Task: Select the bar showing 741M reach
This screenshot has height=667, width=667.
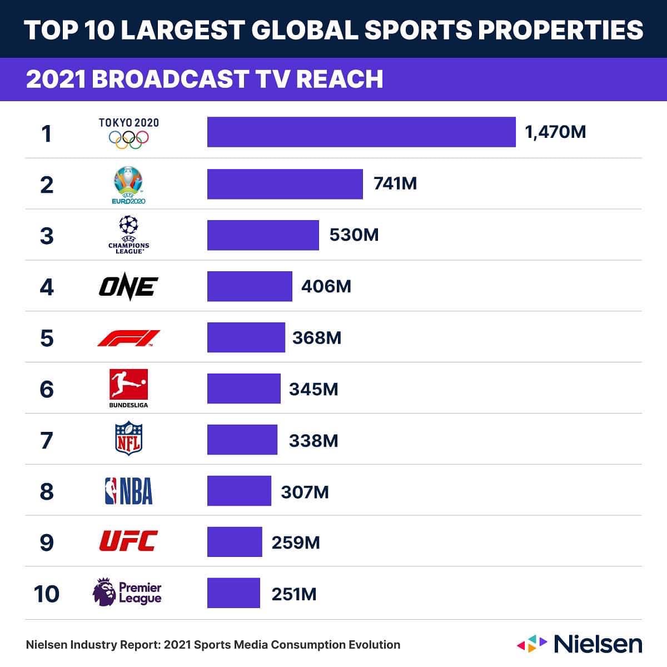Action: (285, 184)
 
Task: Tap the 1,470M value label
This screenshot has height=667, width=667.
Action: (555, 132)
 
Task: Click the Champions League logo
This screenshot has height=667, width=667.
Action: (128, 235)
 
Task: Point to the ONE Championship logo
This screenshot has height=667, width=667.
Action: (128, 287)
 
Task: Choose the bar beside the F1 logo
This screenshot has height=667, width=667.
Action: (246, 337)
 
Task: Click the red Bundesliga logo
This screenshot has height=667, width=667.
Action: (128, 385)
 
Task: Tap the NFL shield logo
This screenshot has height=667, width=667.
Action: (128, 439)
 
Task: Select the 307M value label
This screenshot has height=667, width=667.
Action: (305, 492)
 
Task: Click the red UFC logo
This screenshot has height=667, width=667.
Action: (128, 541)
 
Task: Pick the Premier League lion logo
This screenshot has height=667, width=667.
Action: (104, 593)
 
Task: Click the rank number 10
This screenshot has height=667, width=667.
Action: (47, 594)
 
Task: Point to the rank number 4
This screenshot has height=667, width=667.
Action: (47, 287)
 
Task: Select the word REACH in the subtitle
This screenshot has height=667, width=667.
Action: (340, 79)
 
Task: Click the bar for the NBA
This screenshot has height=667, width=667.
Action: (239, 491)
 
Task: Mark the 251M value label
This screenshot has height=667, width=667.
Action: (293, 594)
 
